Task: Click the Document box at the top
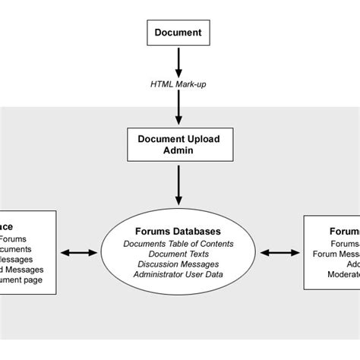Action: tap(179, 32)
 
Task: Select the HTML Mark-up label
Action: tap(179, 85)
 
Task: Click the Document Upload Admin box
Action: tap(179, 144)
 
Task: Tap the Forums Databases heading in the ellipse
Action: tap(179, 231)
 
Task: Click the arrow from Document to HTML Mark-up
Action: tap(179, 60)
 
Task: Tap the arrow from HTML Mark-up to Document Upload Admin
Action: tap(179, 109)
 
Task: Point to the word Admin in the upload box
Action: tap(179, 151)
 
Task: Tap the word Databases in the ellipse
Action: tap(196, 231)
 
